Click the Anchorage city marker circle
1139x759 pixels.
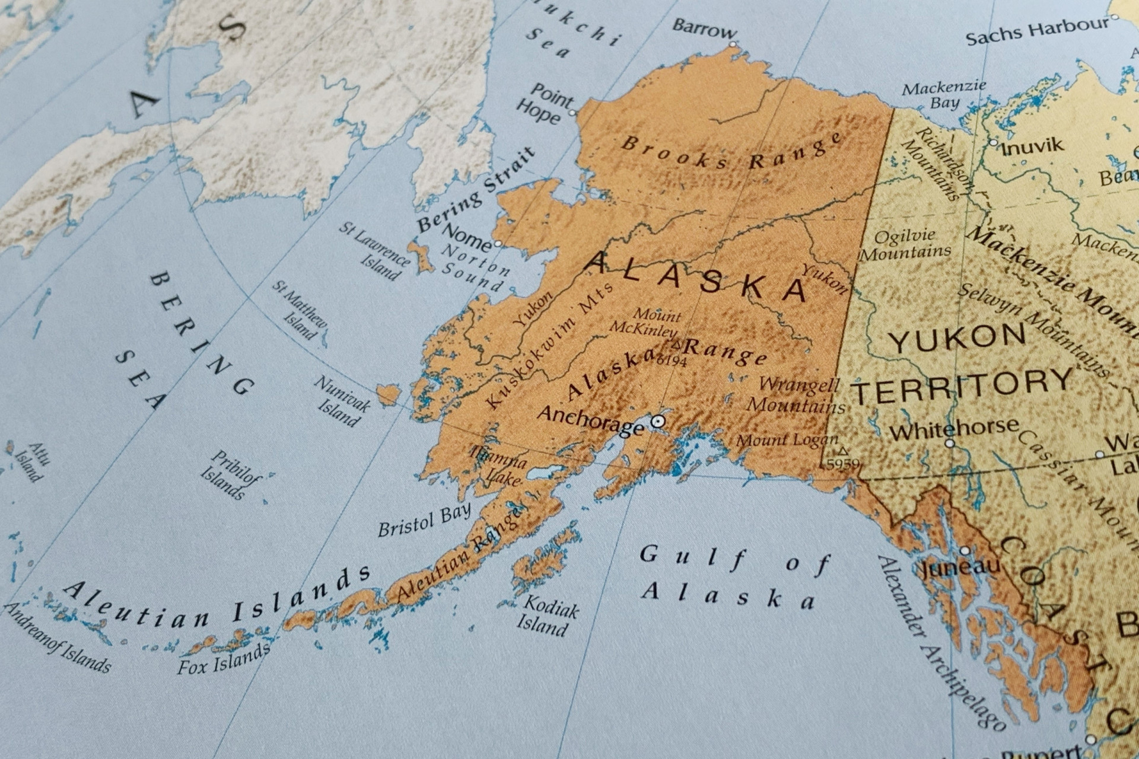[658, 422]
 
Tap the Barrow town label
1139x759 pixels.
[704, 28]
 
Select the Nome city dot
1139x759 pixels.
[498, 244]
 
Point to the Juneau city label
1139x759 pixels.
[960, 567]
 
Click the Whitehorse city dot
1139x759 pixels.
[950, 443]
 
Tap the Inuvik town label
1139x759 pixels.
[1032, 146]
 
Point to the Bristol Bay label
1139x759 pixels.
[425, 520]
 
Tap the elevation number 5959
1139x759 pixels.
[843, 464]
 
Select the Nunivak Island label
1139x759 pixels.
[341, 402]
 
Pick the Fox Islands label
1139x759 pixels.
[223, 659]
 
